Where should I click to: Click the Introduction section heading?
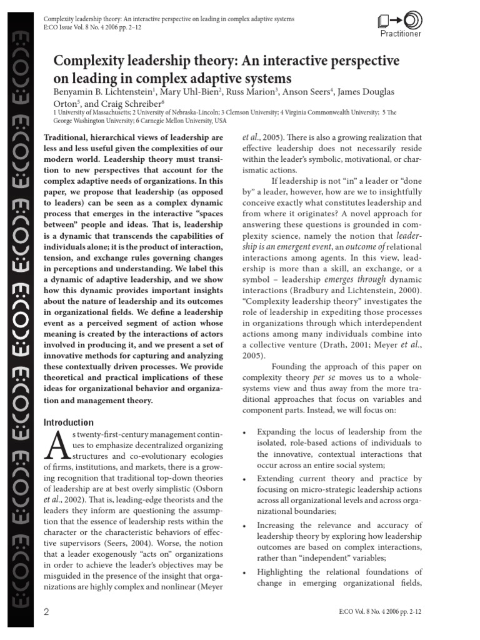click(69, 422)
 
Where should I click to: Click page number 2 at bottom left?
click(46, 612)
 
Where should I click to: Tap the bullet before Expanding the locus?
click(243, 432)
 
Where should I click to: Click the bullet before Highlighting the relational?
click(243, 572)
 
